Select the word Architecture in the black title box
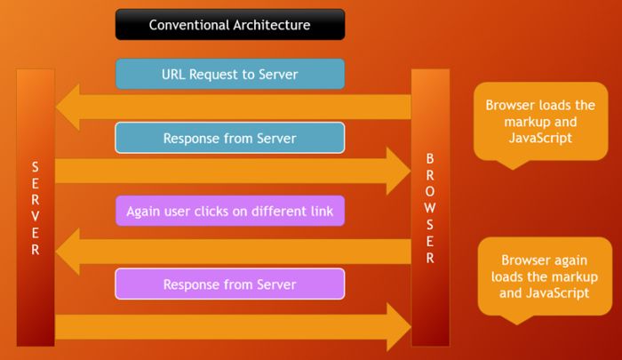tap(267, 25)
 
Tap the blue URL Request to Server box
tap(229, 74)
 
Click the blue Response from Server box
tap(229, 139)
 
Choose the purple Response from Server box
tap(229, 284)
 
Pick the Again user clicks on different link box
tap(229, 212)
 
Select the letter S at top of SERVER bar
tap(36, 167)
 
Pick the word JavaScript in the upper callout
tap(540, 139)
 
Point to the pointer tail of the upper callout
tap(509, 164)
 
